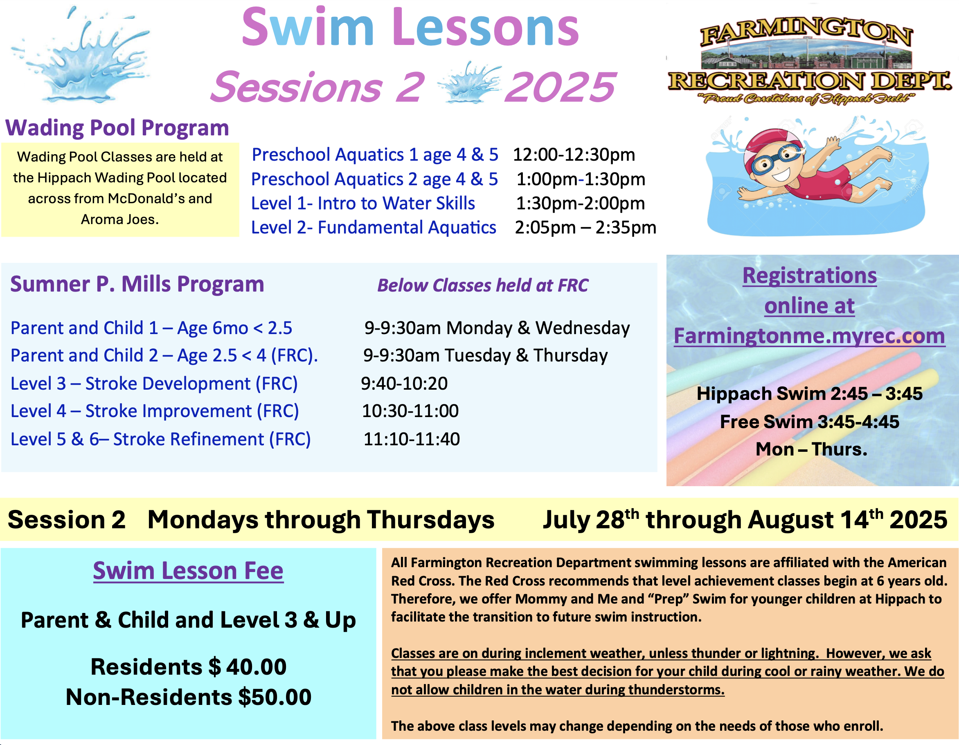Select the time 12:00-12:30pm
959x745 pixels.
click(x=574, y=155)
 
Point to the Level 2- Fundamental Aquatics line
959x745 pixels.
click(x=374, y=227)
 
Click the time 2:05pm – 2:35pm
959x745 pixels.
click(x=585, y=227)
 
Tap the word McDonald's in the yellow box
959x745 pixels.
click(x=146, y=198)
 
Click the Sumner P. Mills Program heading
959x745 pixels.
click(x=137, y=284)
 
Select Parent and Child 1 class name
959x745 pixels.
click(x=84, y=328)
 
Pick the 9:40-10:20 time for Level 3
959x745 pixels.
click(x=404, y=384)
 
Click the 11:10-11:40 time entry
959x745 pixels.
click(x=412, y=439)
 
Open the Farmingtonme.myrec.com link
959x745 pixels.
click(x=809, y=336)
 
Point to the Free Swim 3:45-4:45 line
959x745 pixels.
click(x=810, y=422)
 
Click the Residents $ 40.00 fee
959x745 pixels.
click(x=188, y=667)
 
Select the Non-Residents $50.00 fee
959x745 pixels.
click(x=188, y=697)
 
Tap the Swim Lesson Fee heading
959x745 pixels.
click(x=188, y=571)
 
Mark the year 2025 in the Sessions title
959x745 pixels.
click(x=560, y=87)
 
